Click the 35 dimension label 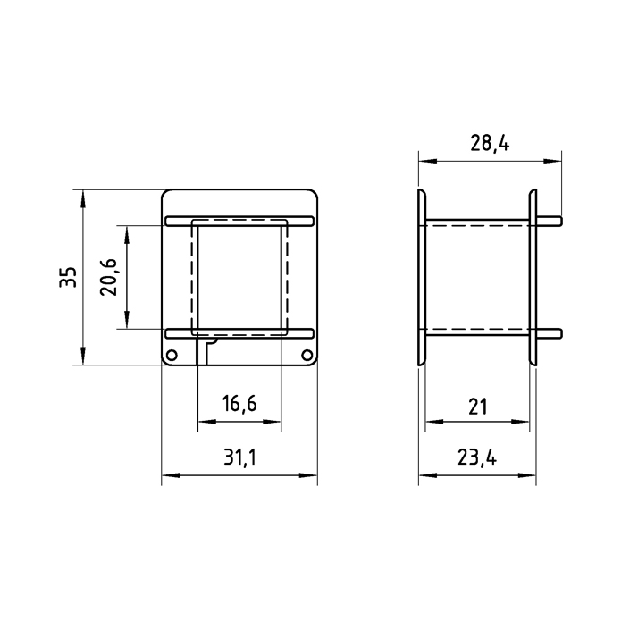68,277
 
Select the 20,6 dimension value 109,277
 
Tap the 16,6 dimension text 239,404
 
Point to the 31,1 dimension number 239,457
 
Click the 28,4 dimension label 490,143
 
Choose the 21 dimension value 477,407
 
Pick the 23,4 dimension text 477,457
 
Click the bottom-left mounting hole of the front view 172,355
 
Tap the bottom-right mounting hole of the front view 306,355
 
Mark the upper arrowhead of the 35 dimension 83,199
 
